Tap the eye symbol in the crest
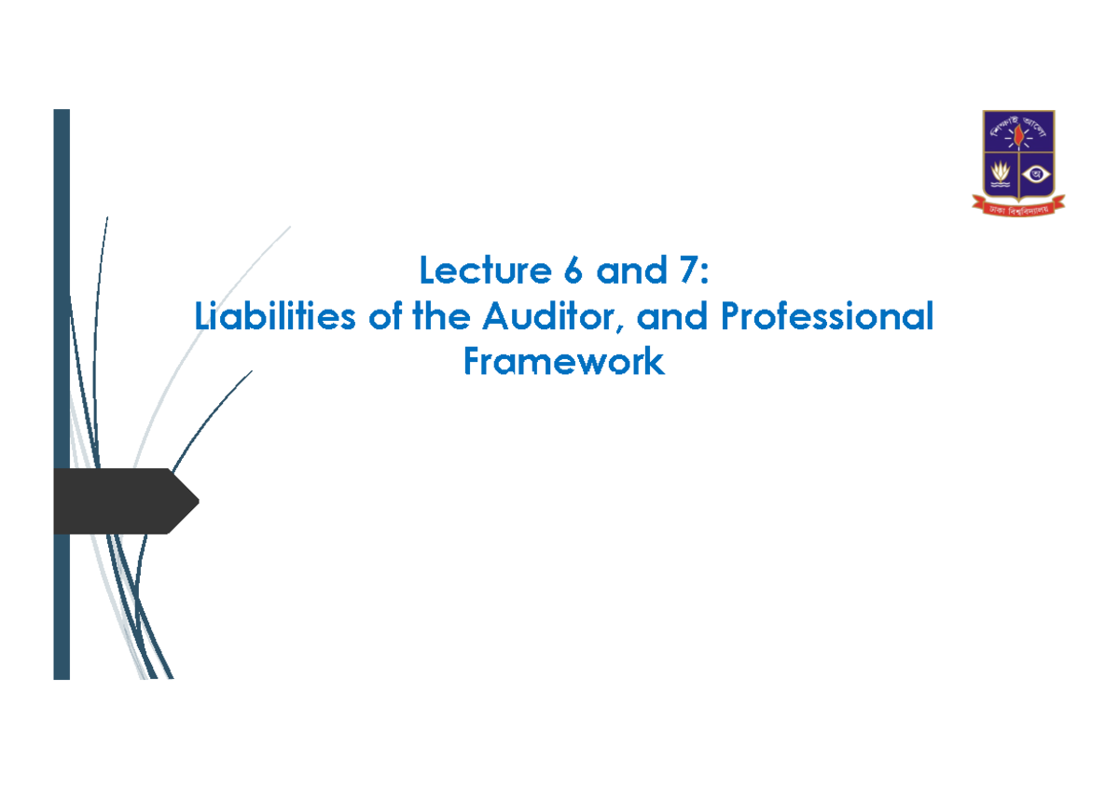tap(1034, 174)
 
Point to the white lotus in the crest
tap(1001, 173)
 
